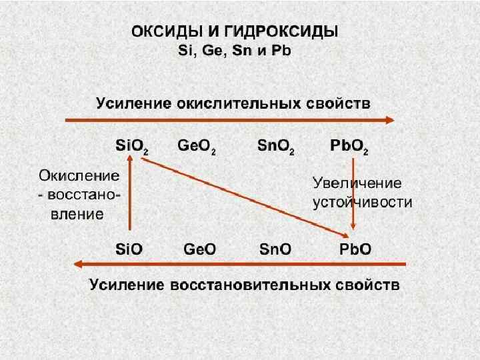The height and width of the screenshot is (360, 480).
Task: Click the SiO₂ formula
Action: [x=131, y=146]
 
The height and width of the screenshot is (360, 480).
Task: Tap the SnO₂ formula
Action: [x=275, y=146]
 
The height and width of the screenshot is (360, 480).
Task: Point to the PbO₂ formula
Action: [x=349, y=146]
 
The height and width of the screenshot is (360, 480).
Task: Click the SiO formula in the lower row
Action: [x=129, y=249]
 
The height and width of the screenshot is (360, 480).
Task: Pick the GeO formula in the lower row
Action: [x=199, y=249]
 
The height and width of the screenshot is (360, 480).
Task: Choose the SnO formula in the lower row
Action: [x=275, y=249]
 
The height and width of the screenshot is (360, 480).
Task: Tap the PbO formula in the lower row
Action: [x=355, y=249]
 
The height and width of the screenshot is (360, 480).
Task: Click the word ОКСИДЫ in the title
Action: [x=161, y=31]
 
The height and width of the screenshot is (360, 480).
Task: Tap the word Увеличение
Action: [x=357, y=183]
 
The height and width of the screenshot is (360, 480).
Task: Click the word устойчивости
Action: [x=363, y=202]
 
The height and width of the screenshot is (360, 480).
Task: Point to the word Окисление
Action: [x=79, y=176]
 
